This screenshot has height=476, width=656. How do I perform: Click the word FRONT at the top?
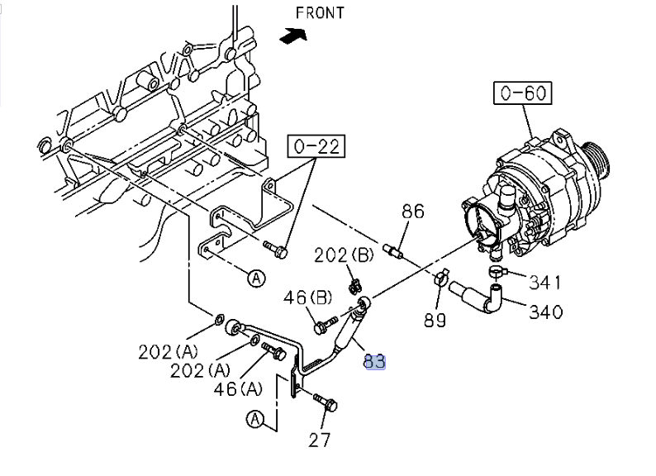pyautogui.click(x=319, y=12)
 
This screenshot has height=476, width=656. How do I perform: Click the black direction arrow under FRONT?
pyautogui.click(x=293, y=36)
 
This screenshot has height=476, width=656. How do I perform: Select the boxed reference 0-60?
pyautogui.click(x=523, y=93)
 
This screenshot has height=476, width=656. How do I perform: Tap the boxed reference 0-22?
pyautogui.click(x=317, y=147)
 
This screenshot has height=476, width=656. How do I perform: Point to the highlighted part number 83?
pyautogui.click(x=374, y=361)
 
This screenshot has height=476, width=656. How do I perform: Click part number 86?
pyautogui.click(x=413, y=212)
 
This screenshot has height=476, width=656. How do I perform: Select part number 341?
pyautogui.click(x=545, y=282)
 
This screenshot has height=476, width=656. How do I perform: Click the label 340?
pyautogui.click(x=545, y=312)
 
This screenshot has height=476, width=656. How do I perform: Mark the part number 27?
pyautogui.click(x=319, y=440)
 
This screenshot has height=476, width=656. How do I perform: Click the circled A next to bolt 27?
pyautogui.click(x=255, y=420)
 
